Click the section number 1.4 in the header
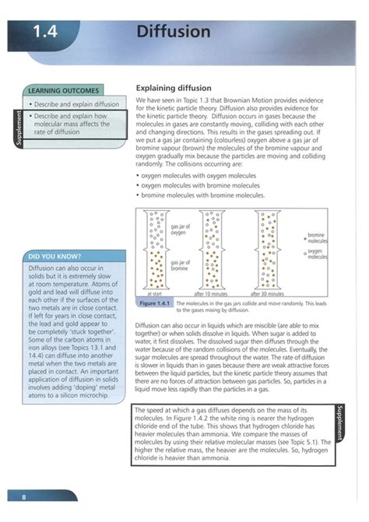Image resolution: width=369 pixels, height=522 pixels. [47, 32]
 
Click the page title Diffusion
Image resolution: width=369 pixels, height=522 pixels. [173, 31]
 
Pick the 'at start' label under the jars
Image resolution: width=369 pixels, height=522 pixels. [154, 294]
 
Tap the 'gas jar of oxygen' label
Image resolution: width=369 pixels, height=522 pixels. [179, 229]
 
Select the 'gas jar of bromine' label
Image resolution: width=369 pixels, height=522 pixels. [180, 266]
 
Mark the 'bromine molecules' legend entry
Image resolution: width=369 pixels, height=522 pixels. [315, 238]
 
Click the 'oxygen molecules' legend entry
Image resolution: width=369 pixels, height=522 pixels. [315, 254]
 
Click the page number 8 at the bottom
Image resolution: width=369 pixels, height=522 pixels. [23, 496]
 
